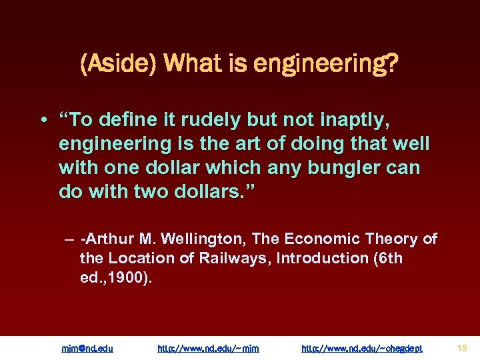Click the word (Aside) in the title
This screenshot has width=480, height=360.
click(x=117, y=65)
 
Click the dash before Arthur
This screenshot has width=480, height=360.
click(x=69, y=239)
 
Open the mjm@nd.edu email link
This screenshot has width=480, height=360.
click(x=87, y=348)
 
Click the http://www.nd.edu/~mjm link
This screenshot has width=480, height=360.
click(x=208, y=348)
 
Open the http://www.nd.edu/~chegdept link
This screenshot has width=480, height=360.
click(x=361, y=348)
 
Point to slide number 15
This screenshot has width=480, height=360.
click(x=462, y=347)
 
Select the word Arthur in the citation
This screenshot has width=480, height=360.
click(x=105, y=239)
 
